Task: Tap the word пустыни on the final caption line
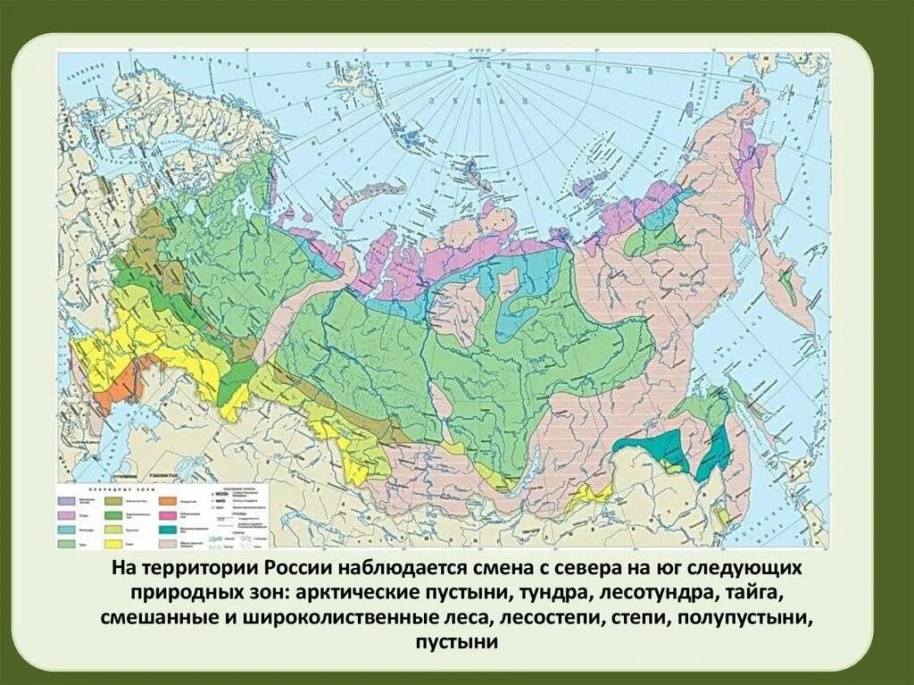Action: click(456, 642)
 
